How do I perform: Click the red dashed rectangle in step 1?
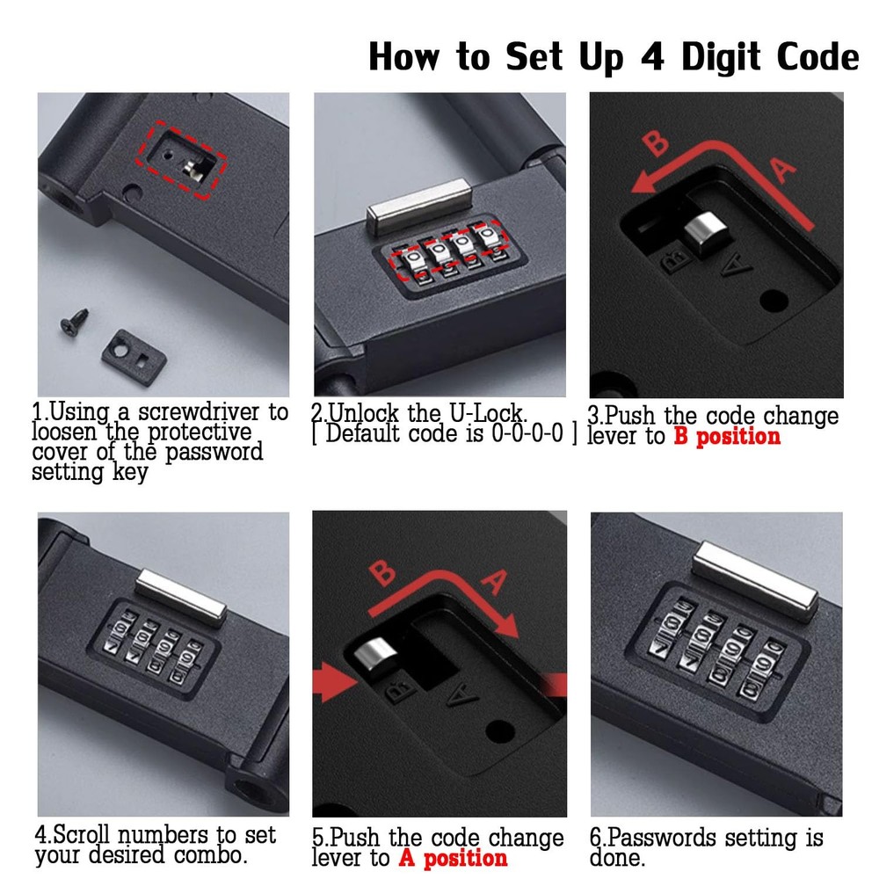pos(186,159)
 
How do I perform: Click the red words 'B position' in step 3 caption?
pos(727,437)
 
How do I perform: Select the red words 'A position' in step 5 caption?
pos(453,858)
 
